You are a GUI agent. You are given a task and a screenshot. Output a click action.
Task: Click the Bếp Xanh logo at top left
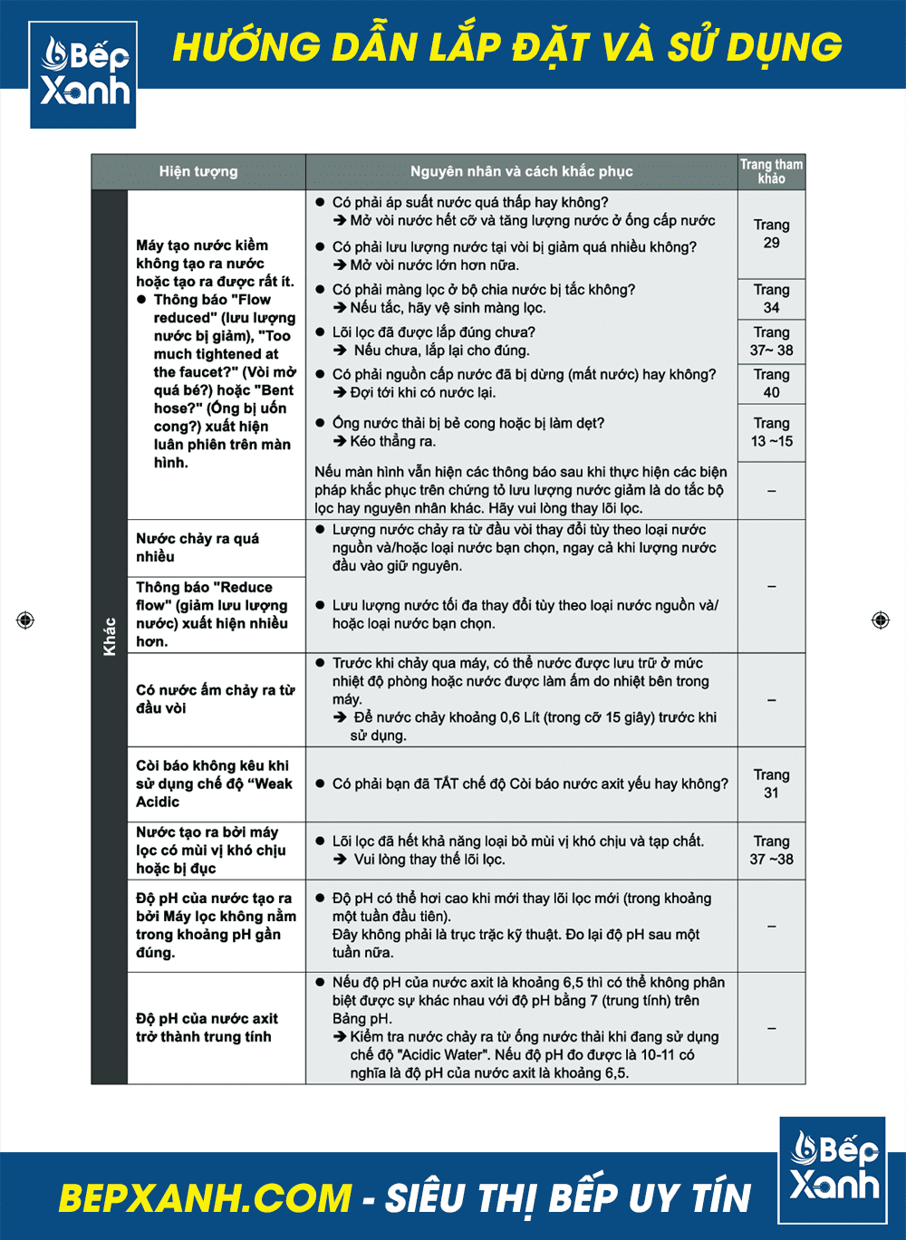pos(83,74)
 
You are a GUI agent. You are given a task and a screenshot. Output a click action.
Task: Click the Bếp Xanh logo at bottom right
pos(833,1169)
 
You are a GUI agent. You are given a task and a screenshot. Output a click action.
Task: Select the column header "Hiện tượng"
pos(198,171)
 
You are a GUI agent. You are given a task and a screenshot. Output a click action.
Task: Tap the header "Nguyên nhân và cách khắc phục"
pos(521,171)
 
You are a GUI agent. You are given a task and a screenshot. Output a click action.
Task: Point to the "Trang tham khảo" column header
pos(771,171)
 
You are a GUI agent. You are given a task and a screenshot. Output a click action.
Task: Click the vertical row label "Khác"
pos(110,636)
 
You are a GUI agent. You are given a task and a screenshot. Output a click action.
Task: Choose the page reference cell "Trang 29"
pos(771,234)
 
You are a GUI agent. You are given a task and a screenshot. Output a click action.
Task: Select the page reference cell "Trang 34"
pos(771,299)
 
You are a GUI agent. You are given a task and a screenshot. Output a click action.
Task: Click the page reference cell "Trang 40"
pos(771,383)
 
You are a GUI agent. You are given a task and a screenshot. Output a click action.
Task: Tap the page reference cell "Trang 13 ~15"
pos(771,432)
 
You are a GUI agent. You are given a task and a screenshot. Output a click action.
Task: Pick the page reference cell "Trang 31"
pos(771,783)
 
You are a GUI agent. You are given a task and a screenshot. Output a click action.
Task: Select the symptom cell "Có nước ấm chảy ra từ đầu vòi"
pos(215,699)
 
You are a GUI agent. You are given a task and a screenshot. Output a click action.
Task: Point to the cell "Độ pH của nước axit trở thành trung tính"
pos(207,1027)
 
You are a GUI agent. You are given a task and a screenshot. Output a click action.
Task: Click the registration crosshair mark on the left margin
pos(25,620)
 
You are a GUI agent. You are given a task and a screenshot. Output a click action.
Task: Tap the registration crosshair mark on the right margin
pos(880,620)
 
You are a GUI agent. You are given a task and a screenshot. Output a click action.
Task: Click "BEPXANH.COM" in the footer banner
pos(205,1197)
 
